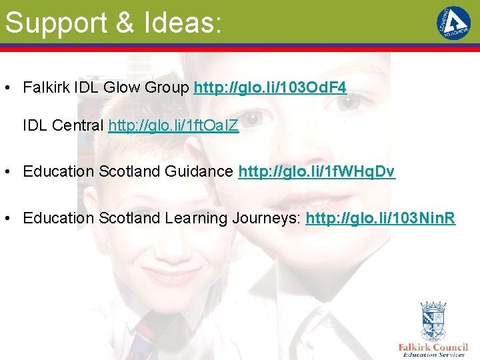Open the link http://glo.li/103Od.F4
coord(270,87)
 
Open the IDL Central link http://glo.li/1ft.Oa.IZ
coord(173,125)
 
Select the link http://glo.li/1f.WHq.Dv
coord(317,171)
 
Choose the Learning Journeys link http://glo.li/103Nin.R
coord(381,218)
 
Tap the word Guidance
coord(203,171)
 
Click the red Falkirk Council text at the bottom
coord(433,347)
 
